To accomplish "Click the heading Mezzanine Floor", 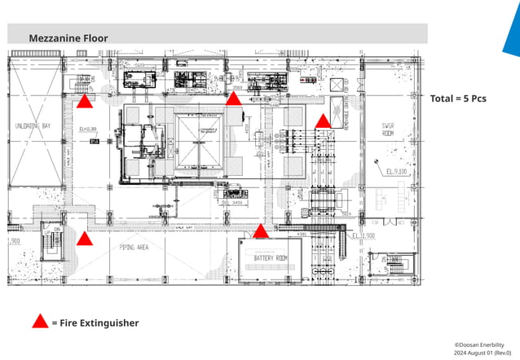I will click(x=68, y=38).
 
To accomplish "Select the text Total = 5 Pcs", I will click(x=458, y=99).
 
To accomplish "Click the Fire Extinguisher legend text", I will click(x=95, y=323).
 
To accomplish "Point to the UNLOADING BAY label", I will click(x=33, y=126).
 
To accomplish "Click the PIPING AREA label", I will click(x=133, y=246).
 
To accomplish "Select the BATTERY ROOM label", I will click(x=270, y=258).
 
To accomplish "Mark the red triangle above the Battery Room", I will click(x=261, y=232).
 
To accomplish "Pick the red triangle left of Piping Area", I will click(x=84, y=239).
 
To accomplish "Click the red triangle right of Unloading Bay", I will click(x=84, y=102).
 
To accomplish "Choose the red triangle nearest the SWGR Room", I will click(x=323, y=121).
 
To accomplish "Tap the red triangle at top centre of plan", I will click(x=233, y=99).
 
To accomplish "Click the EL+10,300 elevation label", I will click(x=88, y=130).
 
